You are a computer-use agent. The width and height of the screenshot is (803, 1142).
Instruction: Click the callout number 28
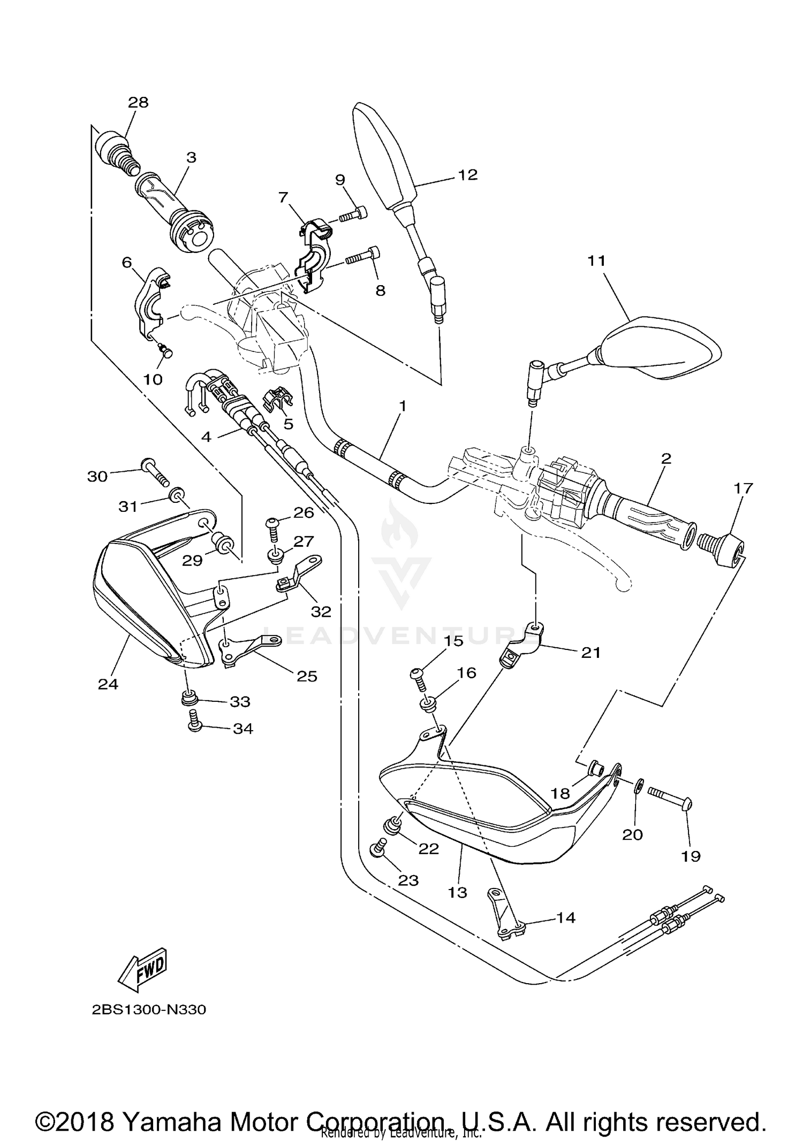coord(138,102)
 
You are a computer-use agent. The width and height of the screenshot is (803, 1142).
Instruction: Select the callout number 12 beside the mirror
coord(467,175)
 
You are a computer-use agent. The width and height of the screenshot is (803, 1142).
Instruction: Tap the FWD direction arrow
coord(143,967)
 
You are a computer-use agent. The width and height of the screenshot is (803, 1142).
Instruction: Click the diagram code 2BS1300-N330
coord(149,1009)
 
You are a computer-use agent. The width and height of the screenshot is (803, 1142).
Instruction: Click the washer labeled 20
coord(638,786)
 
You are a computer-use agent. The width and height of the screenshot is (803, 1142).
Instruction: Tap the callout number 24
coord(108,684)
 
